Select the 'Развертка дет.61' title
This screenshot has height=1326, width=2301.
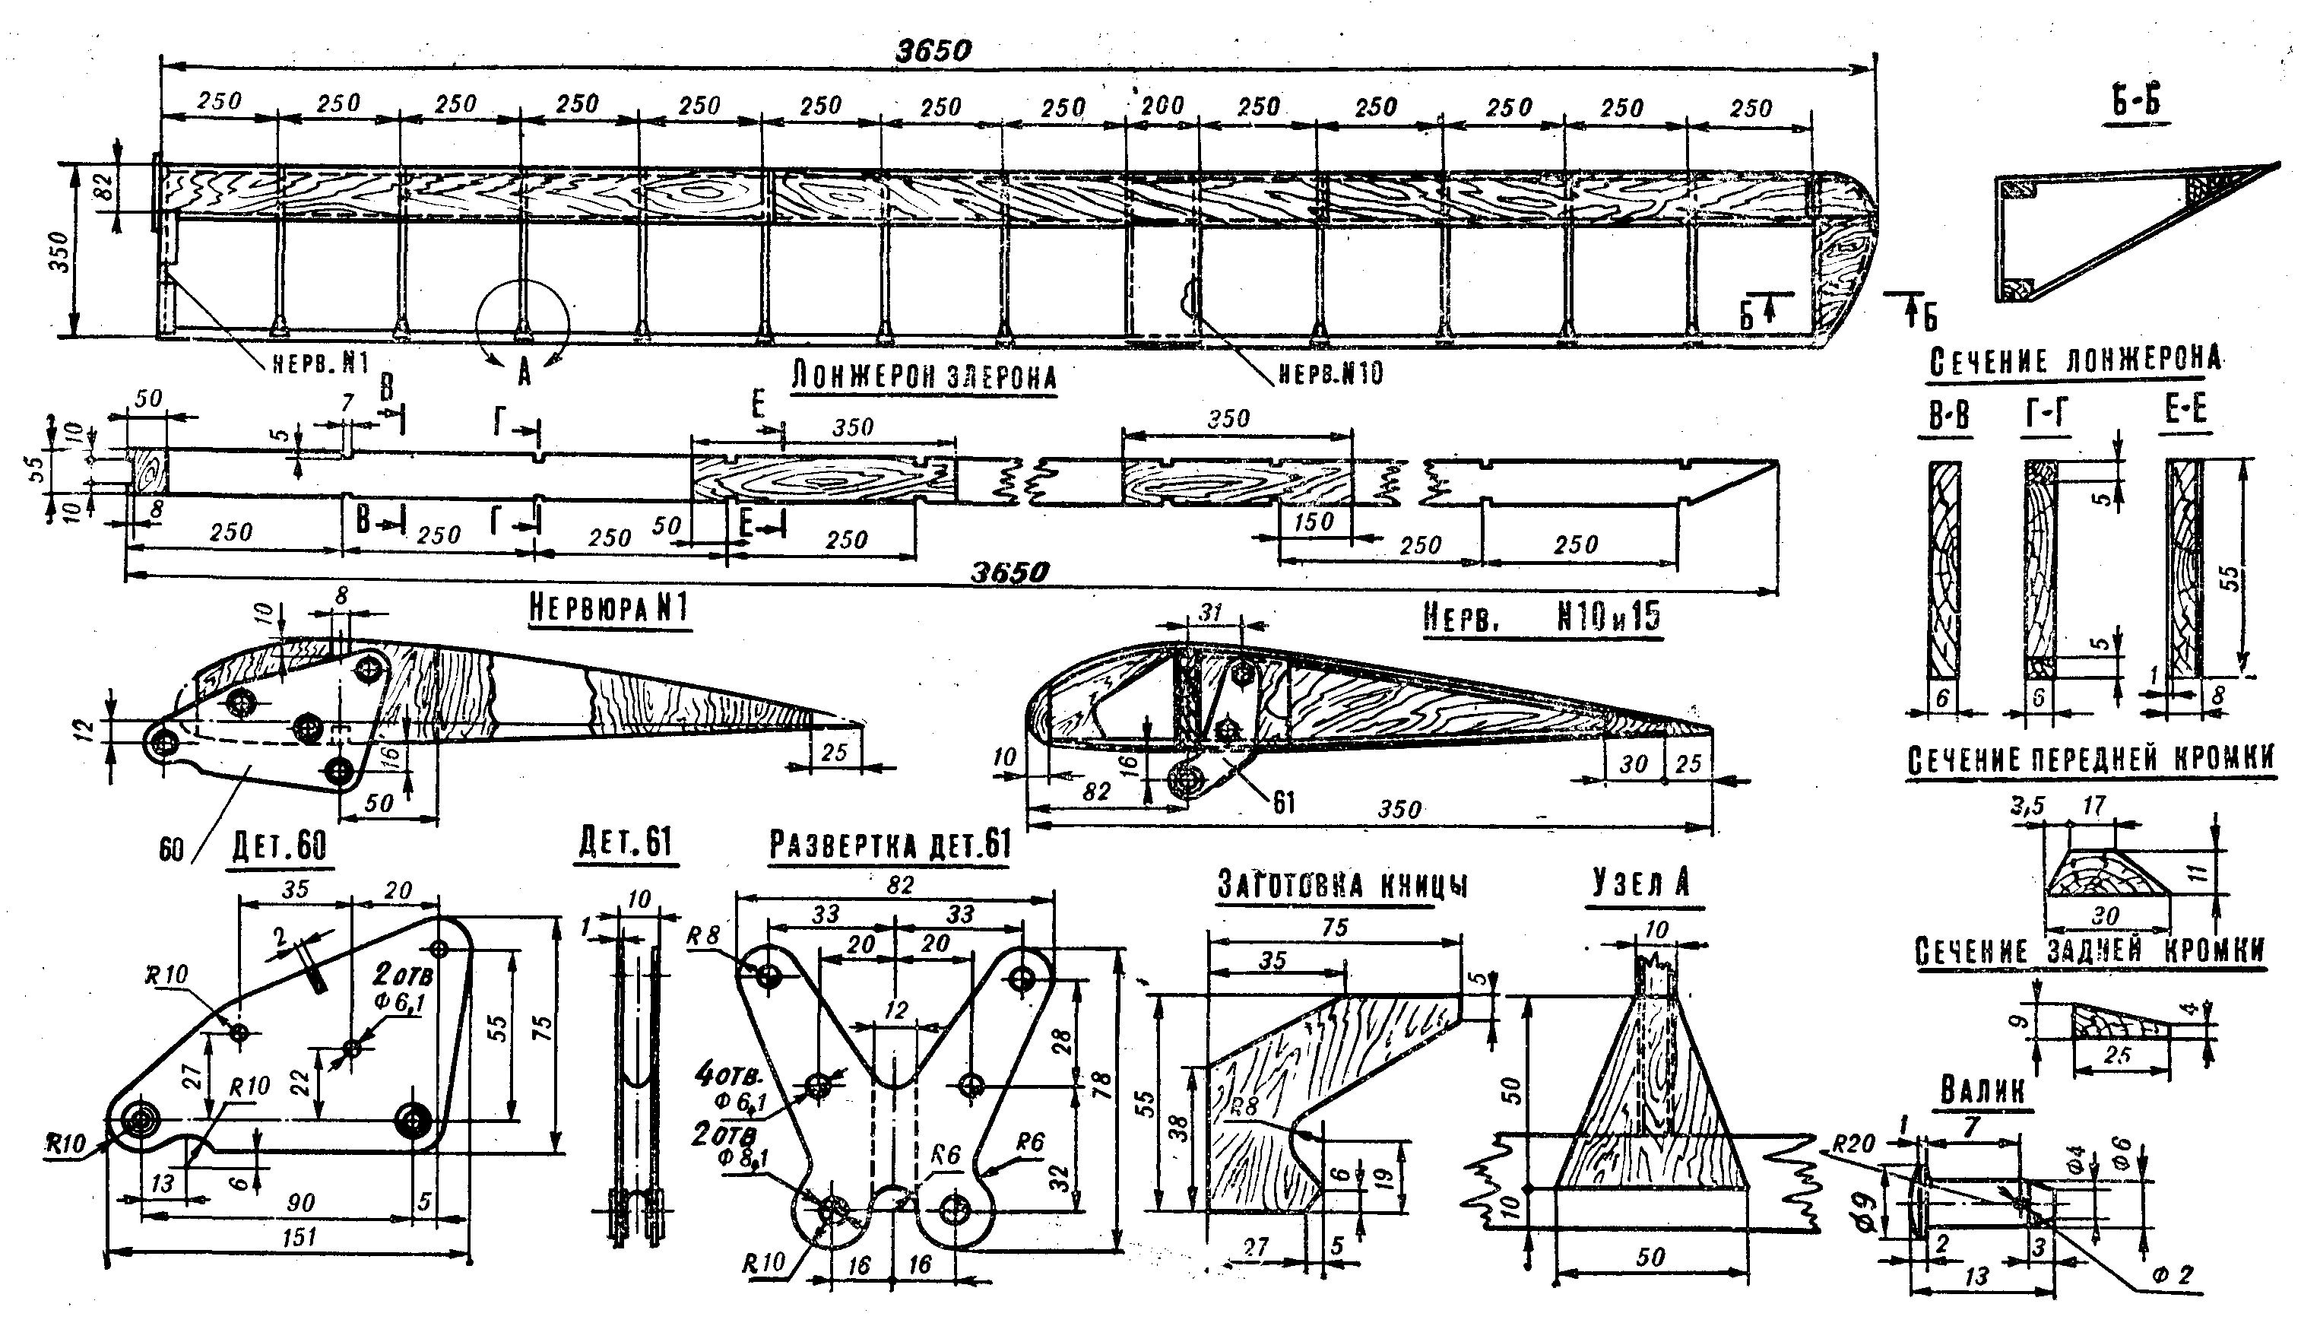[x=889, y=844]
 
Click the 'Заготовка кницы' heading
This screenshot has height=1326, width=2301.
[x=1343, y=884]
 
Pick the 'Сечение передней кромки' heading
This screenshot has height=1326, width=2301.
[x=2090, y=760]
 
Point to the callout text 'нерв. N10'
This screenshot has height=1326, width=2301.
[x=1330, y=373]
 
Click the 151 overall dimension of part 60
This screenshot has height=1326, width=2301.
[x=300, y=1237]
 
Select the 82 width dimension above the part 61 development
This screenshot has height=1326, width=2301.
[x=899, y=884]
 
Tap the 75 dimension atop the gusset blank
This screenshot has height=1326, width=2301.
[x=1335, y=928]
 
